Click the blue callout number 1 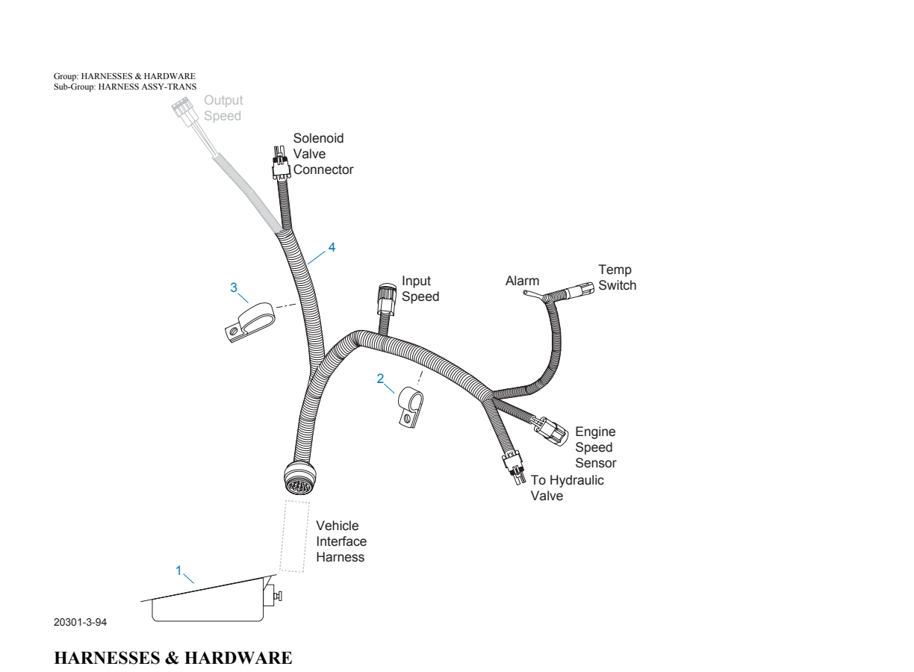[x=178, y=570]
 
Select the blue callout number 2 [x=380, y=379]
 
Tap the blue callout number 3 [x=234, y=287]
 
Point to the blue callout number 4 [x=332, y=247]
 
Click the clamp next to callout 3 [x=249, y=322]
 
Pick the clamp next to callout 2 [x=411, y=407]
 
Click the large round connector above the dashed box [x=300, y=478]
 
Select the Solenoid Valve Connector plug [x=281, y=164]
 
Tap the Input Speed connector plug [x=386, y=299]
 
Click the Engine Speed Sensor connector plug [x=550, y=431]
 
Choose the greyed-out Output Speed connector [x=180, y=111]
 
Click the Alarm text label [x=522, y=281]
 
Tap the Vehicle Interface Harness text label [x=341, y=541]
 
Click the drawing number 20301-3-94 [x=80, y=622]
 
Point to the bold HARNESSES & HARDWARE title [x=173, y=658]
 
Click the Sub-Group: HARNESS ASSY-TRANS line [x=125, y=87]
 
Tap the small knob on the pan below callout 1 [x=279, y=596]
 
